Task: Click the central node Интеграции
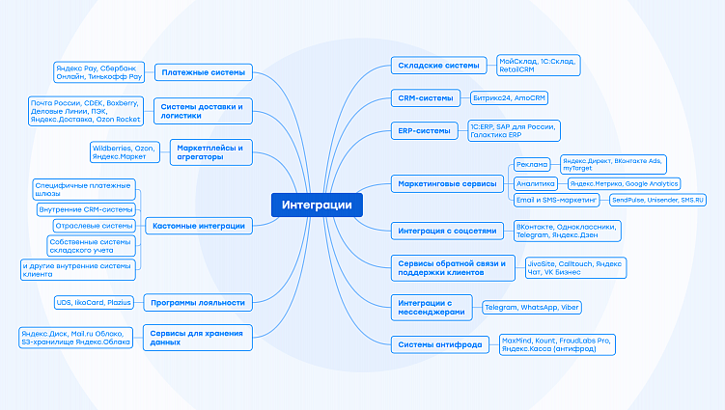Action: coord(318,205)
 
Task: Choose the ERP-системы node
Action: coord(424,130)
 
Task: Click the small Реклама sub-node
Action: coord(531,164)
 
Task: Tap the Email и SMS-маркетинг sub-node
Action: coord(556,200)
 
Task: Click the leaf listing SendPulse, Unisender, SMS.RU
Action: coord(658,200)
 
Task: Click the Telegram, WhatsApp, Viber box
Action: coord(532,308)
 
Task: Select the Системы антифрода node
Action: coord(440,343)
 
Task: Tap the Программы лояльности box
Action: coord(198,303)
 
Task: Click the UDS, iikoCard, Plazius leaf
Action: coord(94,303)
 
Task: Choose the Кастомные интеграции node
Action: coord(199,226)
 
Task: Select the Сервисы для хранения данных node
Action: coord(199,336)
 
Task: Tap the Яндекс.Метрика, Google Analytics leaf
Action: coord(624,182)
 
